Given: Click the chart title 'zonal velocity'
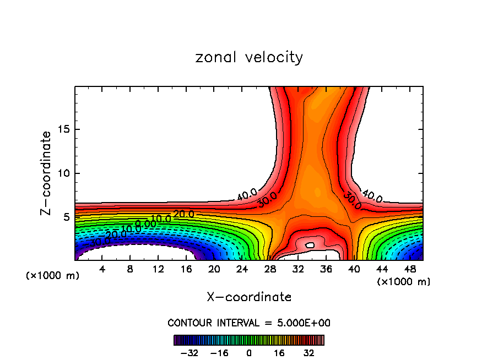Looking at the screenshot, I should (249, 57).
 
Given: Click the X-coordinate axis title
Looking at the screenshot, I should (249, 297).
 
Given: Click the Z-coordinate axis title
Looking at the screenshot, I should (47, 173).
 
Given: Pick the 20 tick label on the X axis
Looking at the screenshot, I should (214, 269).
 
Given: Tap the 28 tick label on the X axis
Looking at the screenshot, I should (270, 269).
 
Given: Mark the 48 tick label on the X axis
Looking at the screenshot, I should (410, 269).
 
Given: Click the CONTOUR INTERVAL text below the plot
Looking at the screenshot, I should (249, 323).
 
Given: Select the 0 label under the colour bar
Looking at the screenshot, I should (249, 353).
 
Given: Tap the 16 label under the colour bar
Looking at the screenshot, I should (279, 353).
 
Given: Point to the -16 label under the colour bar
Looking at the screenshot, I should (219, 353).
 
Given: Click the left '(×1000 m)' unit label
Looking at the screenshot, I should (53, 276).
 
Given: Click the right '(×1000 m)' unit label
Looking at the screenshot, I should (404, 282).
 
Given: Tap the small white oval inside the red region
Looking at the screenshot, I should (310, 245).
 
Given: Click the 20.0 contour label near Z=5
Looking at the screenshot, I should (183, 214).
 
